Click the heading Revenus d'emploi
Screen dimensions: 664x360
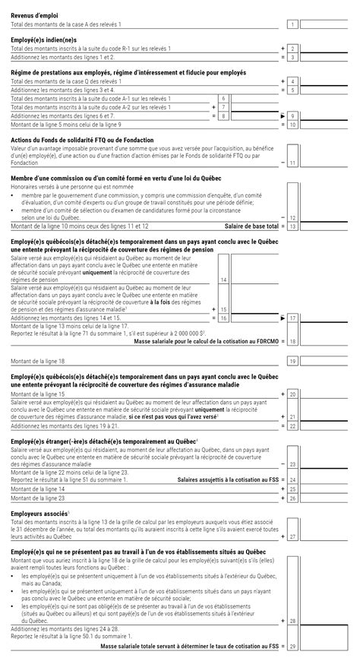point(36,15)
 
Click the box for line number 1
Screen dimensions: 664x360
point(292,25)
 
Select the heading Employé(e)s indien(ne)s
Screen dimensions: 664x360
point(43,40)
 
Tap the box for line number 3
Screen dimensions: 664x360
point(292,57)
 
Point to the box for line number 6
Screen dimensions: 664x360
point(223,99)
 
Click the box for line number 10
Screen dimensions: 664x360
point(292,124)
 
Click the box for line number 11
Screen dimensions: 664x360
point(292,163)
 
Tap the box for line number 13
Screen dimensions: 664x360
point(292,226)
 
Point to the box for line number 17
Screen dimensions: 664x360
point(292,318)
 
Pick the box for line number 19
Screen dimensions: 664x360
point(292,361)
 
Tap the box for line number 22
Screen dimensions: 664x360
point(292,426)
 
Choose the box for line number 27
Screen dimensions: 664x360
point(292,536)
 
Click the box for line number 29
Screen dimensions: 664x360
point(292,647)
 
